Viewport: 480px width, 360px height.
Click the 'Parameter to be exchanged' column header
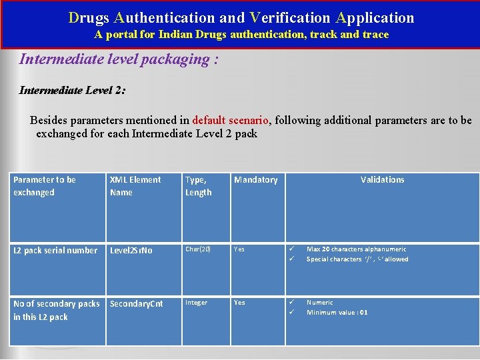(45, 186)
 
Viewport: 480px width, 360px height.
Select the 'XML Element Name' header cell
(135, 186)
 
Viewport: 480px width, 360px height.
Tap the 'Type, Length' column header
(198, 186)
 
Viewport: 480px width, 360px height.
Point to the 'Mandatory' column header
(256, 180)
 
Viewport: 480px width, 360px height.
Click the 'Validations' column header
(382, 180)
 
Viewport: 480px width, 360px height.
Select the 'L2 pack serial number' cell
(55, 251)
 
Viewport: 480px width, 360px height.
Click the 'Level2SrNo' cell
(131, 251)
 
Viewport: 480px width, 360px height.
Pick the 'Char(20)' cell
(198, 249)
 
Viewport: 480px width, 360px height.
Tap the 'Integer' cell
(196, 303)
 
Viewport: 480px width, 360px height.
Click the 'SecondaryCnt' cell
(136, 304)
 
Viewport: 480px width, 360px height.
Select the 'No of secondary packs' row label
(56, 310)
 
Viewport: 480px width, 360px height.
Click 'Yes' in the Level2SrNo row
(239, 249)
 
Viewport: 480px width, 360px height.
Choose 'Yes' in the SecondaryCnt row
(239, 303)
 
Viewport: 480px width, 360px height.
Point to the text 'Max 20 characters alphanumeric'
(356, 249)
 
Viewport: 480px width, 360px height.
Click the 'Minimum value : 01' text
(337, 313)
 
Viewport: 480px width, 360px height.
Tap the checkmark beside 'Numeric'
(291, 303)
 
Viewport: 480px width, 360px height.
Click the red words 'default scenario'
(230, 121)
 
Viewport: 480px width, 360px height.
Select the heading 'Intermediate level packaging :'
(119, 59)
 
